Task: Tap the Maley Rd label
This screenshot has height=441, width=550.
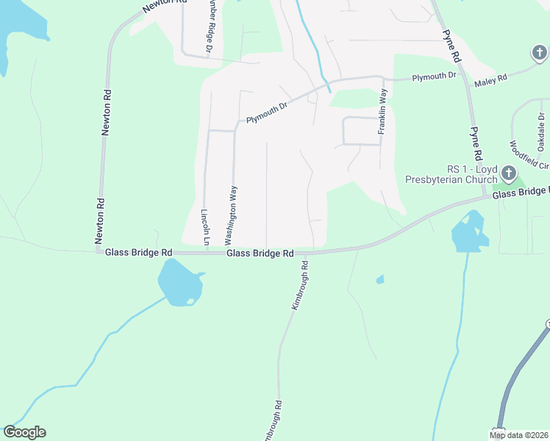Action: pos(491,78)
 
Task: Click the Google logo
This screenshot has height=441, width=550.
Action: pos(24,432)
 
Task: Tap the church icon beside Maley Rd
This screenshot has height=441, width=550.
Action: pos(539,53)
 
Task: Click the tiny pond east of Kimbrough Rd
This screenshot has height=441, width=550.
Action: pos(379,279)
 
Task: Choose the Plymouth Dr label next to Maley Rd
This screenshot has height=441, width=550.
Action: pos(434,76)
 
